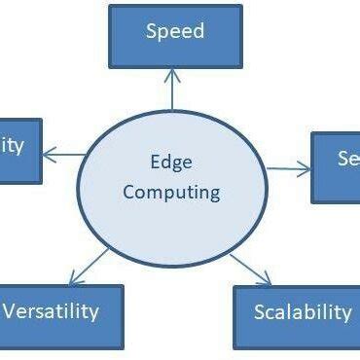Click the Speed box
tap(175, 36)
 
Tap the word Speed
tap(175, 31)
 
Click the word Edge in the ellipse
tap(171, 162)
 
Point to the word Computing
tap(172, 192)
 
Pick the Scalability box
tap(298, 317)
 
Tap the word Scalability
tap(302, 312)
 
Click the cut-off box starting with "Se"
tap(336, 167)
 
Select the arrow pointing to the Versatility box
tap(88, 267)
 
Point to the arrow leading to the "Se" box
tap(288, 168)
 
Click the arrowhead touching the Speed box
tap(172, 74)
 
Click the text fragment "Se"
tap(348, 160)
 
